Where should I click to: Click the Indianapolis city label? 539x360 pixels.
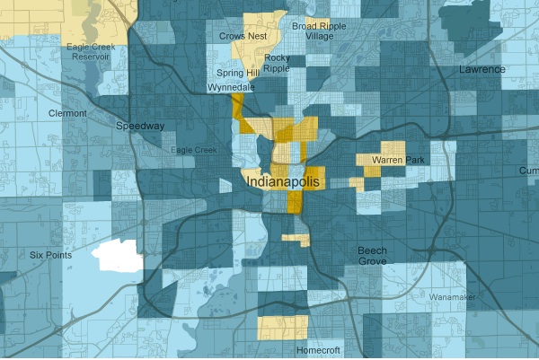point(282,181)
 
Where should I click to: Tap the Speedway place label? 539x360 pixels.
point(141,127)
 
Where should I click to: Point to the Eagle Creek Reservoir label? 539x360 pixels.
point(86,51)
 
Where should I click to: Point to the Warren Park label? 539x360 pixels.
point(399,161)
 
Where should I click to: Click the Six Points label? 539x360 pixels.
point(51,256)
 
